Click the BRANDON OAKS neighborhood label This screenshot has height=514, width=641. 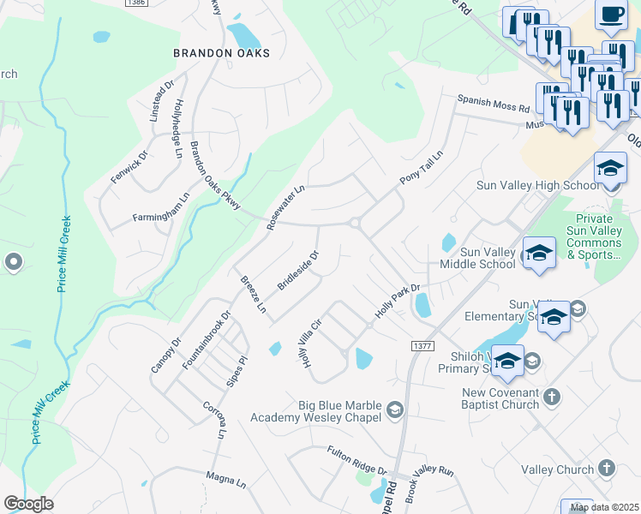(x=221, y=53)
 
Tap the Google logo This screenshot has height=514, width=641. (x=28, y=503)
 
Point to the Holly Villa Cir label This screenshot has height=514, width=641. (x=309, y=340)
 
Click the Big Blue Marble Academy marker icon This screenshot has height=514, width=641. (x=394, y=410)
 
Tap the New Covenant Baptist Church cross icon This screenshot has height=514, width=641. (x=552, y=397)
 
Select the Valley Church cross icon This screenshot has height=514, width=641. (x=607, y=469)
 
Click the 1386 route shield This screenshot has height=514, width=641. (x=135, y=3)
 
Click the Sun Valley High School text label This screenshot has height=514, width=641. (x=538, y=186)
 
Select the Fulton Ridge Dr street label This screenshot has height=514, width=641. (x=356, y=461)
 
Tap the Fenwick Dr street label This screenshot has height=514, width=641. (x=129, y=166)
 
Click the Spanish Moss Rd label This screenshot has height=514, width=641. (x=493, y=105)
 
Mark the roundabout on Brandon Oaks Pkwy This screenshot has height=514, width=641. (x=354, y=223)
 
